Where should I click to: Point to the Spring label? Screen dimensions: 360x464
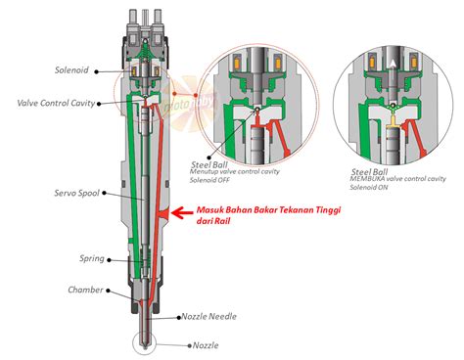[x=91, y=259]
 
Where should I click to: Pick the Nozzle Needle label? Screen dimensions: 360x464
[x=208, y=317]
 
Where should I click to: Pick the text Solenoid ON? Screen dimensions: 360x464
[x=368, y=188]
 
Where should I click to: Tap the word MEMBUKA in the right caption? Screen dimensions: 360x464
[x=368, y=179]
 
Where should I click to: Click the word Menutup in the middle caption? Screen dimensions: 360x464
[x=207, y=173]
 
